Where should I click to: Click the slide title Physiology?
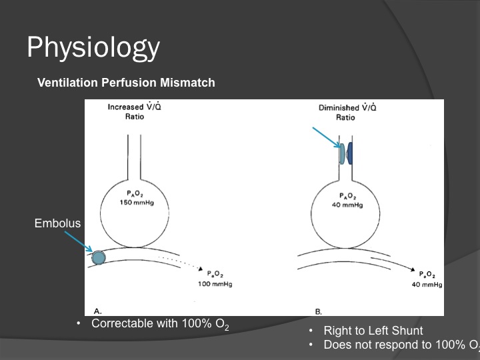[93, 48]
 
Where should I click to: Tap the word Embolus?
[57, 223]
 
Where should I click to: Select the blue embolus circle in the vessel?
[99, 258]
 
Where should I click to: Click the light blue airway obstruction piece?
[342, 153]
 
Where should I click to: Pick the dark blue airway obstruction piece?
[349, 153]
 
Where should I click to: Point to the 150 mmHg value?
[137, 203]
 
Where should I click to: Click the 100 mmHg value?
[215, 284]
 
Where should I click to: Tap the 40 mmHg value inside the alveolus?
[347, 205]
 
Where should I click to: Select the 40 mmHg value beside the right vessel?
[427, 285]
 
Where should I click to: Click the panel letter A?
[97, 311]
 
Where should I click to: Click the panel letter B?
[319, 311]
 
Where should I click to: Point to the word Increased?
[125, 107]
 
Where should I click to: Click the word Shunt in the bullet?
[408, 331]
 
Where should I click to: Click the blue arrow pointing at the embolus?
[79, 242]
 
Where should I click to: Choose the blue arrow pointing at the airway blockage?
[326, 137]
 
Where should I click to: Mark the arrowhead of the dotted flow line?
[201, 269]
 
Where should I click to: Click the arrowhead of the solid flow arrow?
[413, 270]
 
